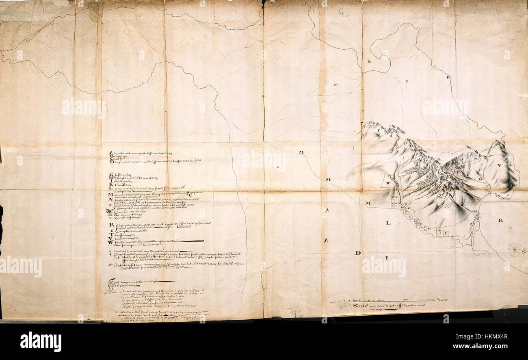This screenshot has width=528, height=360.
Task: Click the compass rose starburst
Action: click(x=514, y=249)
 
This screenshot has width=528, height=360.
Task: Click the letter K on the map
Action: click(x=369, y=62)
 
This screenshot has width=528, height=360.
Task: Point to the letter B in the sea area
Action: click(x=500, y=221)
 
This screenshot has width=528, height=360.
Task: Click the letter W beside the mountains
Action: click(x=388, y=183)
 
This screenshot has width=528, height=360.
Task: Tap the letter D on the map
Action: click(x=358, y=253)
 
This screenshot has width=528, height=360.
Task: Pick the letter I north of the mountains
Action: click(x=406, y=81)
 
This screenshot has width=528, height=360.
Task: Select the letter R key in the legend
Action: click(x=110, y=225)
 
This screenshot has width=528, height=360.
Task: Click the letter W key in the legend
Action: click(x=110, y=243)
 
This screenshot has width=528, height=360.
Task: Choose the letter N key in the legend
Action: click(x=110, y=200)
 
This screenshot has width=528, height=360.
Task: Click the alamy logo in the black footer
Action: click(x=41, y=341)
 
